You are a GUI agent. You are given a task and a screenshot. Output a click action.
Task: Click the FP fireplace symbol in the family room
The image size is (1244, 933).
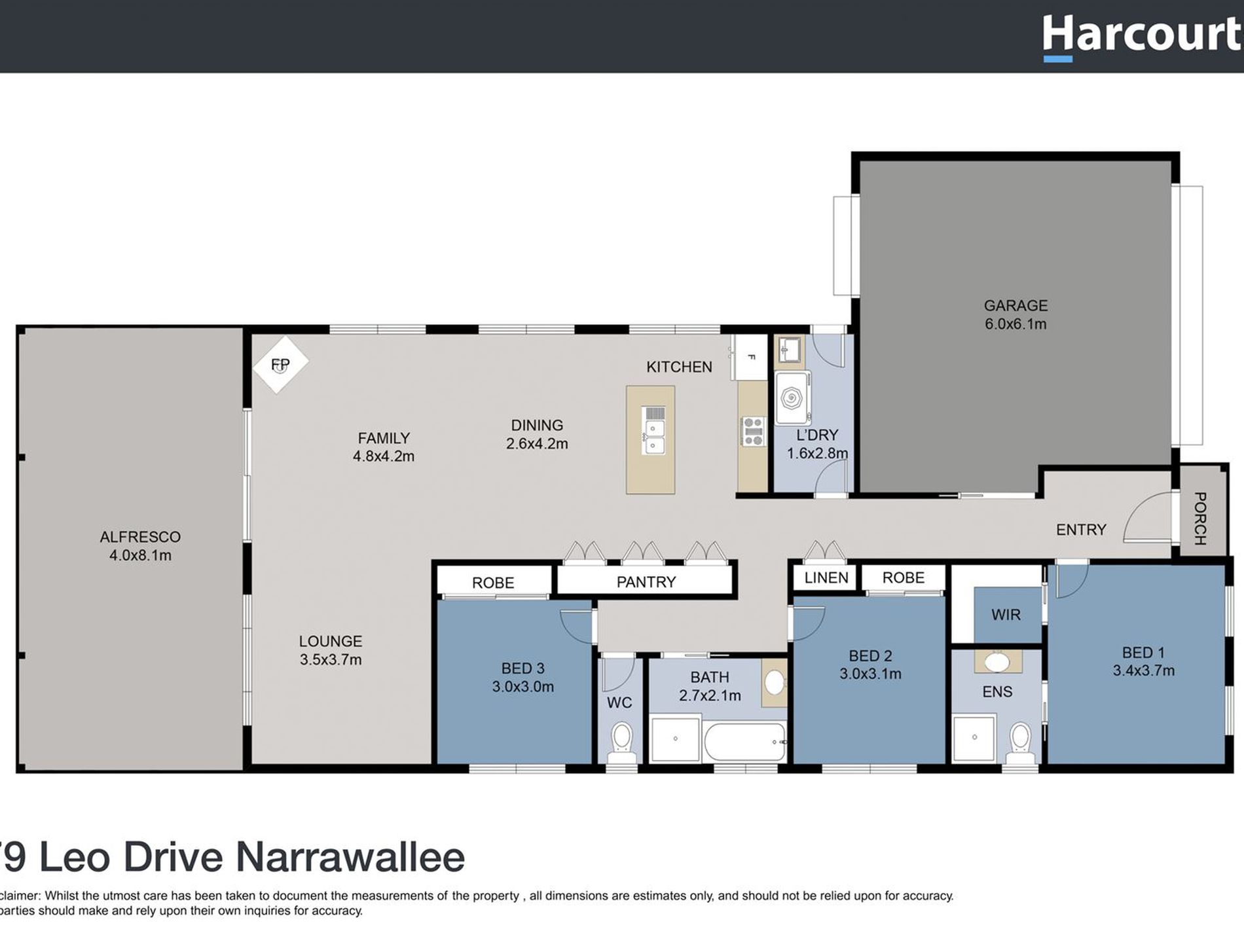[280, 365]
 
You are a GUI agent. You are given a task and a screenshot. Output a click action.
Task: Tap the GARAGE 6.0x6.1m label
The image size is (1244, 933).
[1015, 314]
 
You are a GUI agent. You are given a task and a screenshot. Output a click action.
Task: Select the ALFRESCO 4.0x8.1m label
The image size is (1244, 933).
[140, 545]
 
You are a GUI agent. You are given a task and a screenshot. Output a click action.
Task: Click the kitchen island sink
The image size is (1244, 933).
[654, 437]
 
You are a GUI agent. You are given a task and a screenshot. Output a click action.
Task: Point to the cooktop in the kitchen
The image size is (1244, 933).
[753, 431]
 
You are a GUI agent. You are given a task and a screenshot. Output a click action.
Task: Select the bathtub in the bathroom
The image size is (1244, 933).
[744, 742]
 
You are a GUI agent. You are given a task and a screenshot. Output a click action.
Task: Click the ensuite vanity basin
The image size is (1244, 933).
[997, 661]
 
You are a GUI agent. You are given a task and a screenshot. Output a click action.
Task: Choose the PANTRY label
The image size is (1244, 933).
[646, 582]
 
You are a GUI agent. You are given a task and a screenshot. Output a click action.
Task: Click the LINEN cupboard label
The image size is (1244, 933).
[826, 577]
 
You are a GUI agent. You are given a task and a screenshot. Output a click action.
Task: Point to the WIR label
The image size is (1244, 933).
[1006, 614]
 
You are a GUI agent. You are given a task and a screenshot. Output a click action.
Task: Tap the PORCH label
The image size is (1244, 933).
[1200, 519]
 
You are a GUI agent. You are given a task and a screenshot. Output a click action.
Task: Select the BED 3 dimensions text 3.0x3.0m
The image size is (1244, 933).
[522, 687]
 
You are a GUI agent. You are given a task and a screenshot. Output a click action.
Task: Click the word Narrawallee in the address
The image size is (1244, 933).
[350, 857]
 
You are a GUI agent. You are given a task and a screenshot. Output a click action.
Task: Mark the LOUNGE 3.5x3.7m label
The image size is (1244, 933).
[331, 650]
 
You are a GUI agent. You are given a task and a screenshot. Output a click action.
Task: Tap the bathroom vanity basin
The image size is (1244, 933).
[775, 682]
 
